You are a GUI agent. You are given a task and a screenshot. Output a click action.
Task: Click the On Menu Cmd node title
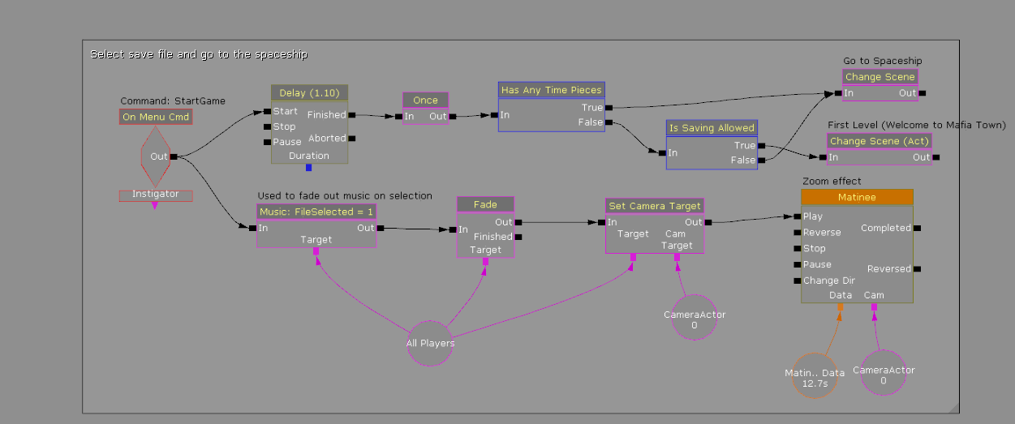[x=156, y=117]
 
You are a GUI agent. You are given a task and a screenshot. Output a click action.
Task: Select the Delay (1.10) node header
[x=309, y=92]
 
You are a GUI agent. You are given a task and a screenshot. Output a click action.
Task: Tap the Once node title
[x=425, y=100]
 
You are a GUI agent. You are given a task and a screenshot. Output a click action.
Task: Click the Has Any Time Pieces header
[x=552, y=90]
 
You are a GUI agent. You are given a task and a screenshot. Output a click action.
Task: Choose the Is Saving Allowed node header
[x=712, y=127]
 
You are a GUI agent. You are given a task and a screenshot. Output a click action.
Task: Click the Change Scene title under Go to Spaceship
[x=880, y=77]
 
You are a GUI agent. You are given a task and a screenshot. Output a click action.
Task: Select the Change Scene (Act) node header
[x=880, y=141]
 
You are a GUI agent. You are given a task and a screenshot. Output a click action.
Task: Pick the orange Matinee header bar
[x=857, y=197]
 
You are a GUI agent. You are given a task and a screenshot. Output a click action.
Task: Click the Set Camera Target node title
[x=655, y=205]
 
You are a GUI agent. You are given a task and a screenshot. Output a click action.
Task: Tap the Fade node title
[x=485, y=204]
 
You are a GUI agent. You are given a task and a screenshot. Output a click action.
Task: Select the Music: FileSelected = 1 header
[x=316, y=212]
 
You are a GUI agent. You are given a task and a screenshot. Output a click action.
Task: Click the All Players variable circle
[x=430, y=343]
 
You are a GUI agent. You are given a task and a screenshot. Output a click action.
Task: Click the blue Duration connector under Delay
[x=308, y=168]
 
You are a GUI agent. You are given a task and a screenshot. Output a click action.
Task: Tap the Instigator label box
[x=155, y=195]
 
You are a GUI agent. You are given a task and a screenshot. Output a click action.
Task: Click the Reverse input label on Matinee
[x=822, y=233]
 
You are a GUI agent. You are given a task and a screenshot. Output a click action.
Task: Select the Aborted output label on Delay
[x=326, y=139]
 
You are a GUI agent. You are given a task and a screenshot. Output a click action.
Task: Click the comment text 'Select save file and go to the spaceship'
[x=199, y=54]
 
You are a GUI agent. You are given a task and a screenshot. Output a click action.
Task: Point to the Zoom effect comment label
[x=832, y=181]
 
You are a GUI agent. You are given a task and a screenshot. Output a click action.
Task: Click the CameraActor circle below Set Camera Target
[x=695, y=319]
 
